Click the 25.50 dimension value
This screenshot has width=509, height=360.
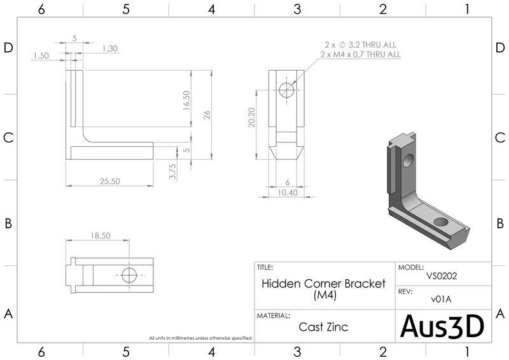pos(109,181)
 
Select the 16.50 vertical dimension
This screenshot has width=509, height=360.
pos(186,100)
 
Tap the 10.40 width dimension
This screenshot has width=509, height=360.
pos(288,192)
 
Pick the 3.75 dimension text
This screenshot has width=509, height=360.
pos(172,172)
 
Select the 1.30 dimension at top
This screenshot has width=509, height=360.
pos(109,48)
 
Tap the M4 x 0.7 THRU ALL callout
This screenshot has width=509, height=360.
pos(360,55)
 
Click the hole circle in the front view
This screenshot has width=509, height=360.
pos(287,90)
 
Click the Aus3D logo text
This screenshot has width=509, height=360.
pos(443,326)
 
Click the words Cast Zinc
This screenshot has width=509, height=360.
pos(323,328)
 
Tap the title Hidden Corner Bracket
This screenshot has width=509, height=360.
pos(324,284)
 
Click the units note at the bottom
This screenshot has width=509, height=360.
pos(200,338)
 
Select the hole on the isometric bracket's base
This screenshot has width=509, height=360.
pos(440,222)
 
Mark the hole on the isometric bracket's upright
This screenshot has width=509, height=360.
pos(407,158)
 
